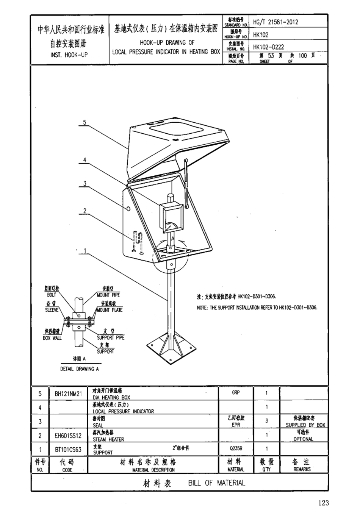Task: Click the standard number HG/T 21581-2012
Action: tap(275, 22)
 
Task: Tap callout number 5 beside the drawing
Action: tap(85, 122)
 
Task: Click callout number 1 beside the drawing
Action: tap(85, 250)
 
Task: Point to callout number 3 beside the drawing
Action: tap(85, 184)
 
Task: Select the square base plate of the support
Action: tap(172, 345)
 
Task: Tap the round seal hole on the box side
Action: tap(128, 209)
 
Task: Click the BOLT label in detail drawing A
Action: tap(52, 295)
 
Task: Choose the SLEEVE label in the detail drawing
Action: tap(52, 310)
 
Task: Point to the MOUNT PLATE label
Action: tap(110, 310)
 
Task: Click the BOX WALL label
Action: tap(52, 337)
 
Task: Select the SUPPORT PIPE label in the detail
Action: tap(110, 337)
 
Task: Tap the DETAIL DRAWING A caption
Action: tap(79, 368)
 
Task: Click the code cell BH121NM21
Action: tap(68, 394)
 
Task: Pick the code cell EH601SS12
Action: tap(68, 436)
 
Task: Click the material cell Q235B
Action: tap(235, 449)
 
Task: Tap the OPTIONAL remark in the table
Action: tap(303, 439)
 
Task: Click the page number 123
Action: tap(324, 503)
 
